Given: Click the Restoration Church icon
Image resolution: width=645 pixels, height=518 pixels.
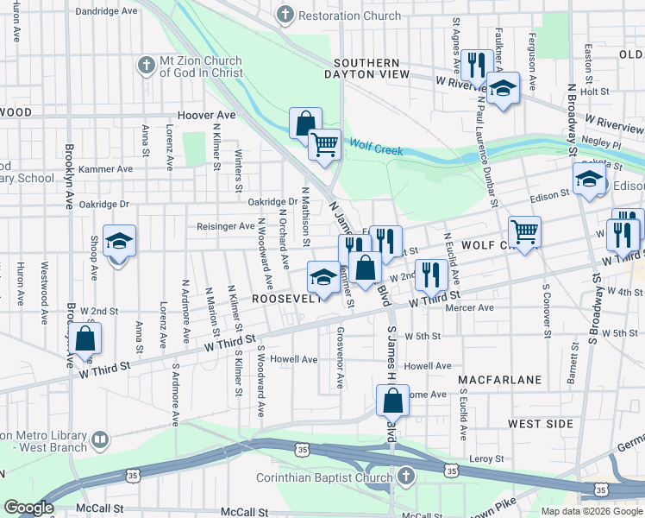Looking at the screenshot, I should [x=285, y=16].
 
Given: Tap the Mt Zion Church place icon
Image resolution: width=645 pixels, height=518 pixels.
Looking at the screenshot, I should [x=146, y=66].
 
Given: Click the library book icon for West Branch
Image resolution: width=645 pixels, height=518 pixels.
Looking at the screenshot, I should [x=100, y=441].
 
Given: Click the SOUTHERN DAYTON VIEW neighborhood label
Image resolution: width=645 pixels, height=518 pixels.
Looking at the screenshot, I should [x=366, y=69].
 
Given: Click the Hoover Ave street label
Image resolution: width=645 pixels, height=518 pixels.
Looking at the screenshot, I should [x=206, y=115].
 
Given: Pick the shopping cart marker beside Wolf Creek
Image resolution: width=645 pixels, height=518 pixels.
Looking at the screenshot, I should [x=325, y=144].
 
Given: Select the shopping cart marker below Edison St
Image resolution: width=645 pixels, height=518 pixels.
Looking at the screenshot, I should [x=523, y=231].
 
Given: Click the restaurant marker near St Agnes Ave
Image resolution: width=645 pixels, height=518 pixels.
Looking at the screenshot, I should [x=476, y=65].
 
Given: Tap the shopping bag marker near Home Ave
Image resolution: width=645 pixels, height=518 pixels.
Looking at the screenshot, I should [x=392, y=401].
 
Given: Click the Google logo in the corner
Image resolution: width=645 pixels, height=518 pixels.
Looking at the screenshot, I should [x=28, y=509].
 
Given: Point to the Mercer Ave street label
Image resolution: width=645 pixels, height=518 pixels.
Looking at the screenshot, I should [x=474, y=307].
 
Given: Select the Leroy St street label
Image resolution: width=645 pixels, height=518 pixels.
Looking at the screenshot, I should [x=485, y=458].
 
